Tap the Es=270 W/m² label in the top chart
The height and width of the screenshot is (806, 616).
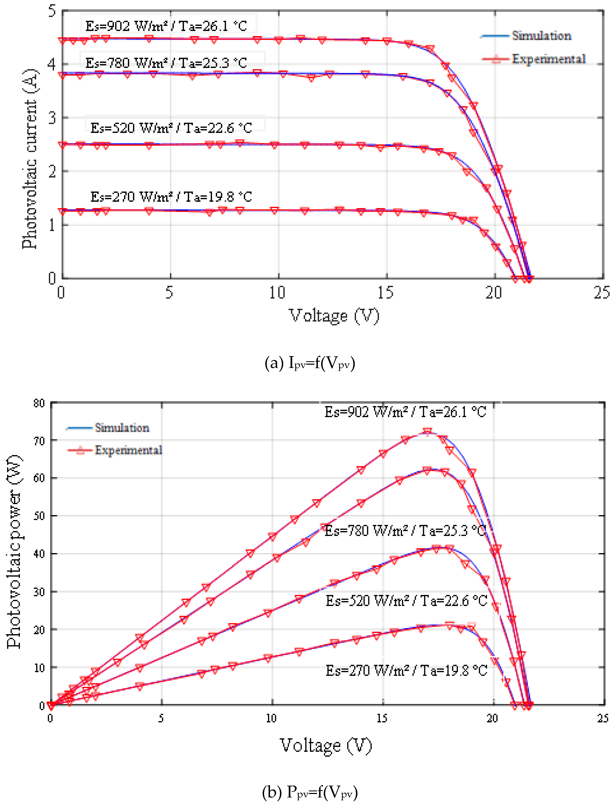tap(171, 197)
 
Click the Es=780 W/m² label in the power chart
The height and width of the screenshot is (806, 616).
tap(405, 531)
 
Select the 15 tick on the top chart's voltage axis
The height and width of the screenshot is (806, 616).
tap(385, 293)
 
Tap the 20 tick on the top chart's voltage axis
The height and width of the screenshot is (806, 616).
tap(494, 293)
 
